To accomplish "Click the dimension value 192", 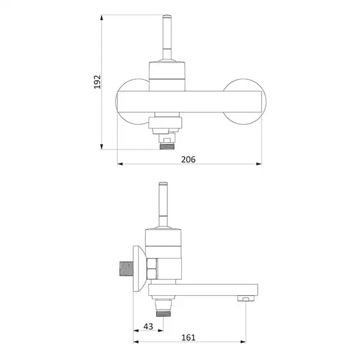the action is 97,82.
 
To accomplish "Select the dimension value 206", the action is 188,160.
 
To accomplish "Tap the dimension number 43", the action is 148,326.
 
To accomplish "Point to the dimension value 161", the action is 188,337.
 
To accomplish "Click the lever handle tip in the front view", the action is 167,17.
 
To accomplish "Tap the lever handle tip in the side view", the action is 163,184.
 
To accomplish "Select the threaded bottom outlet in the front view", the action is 167,146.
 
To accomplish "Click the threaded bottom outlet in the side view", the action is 163,313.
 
